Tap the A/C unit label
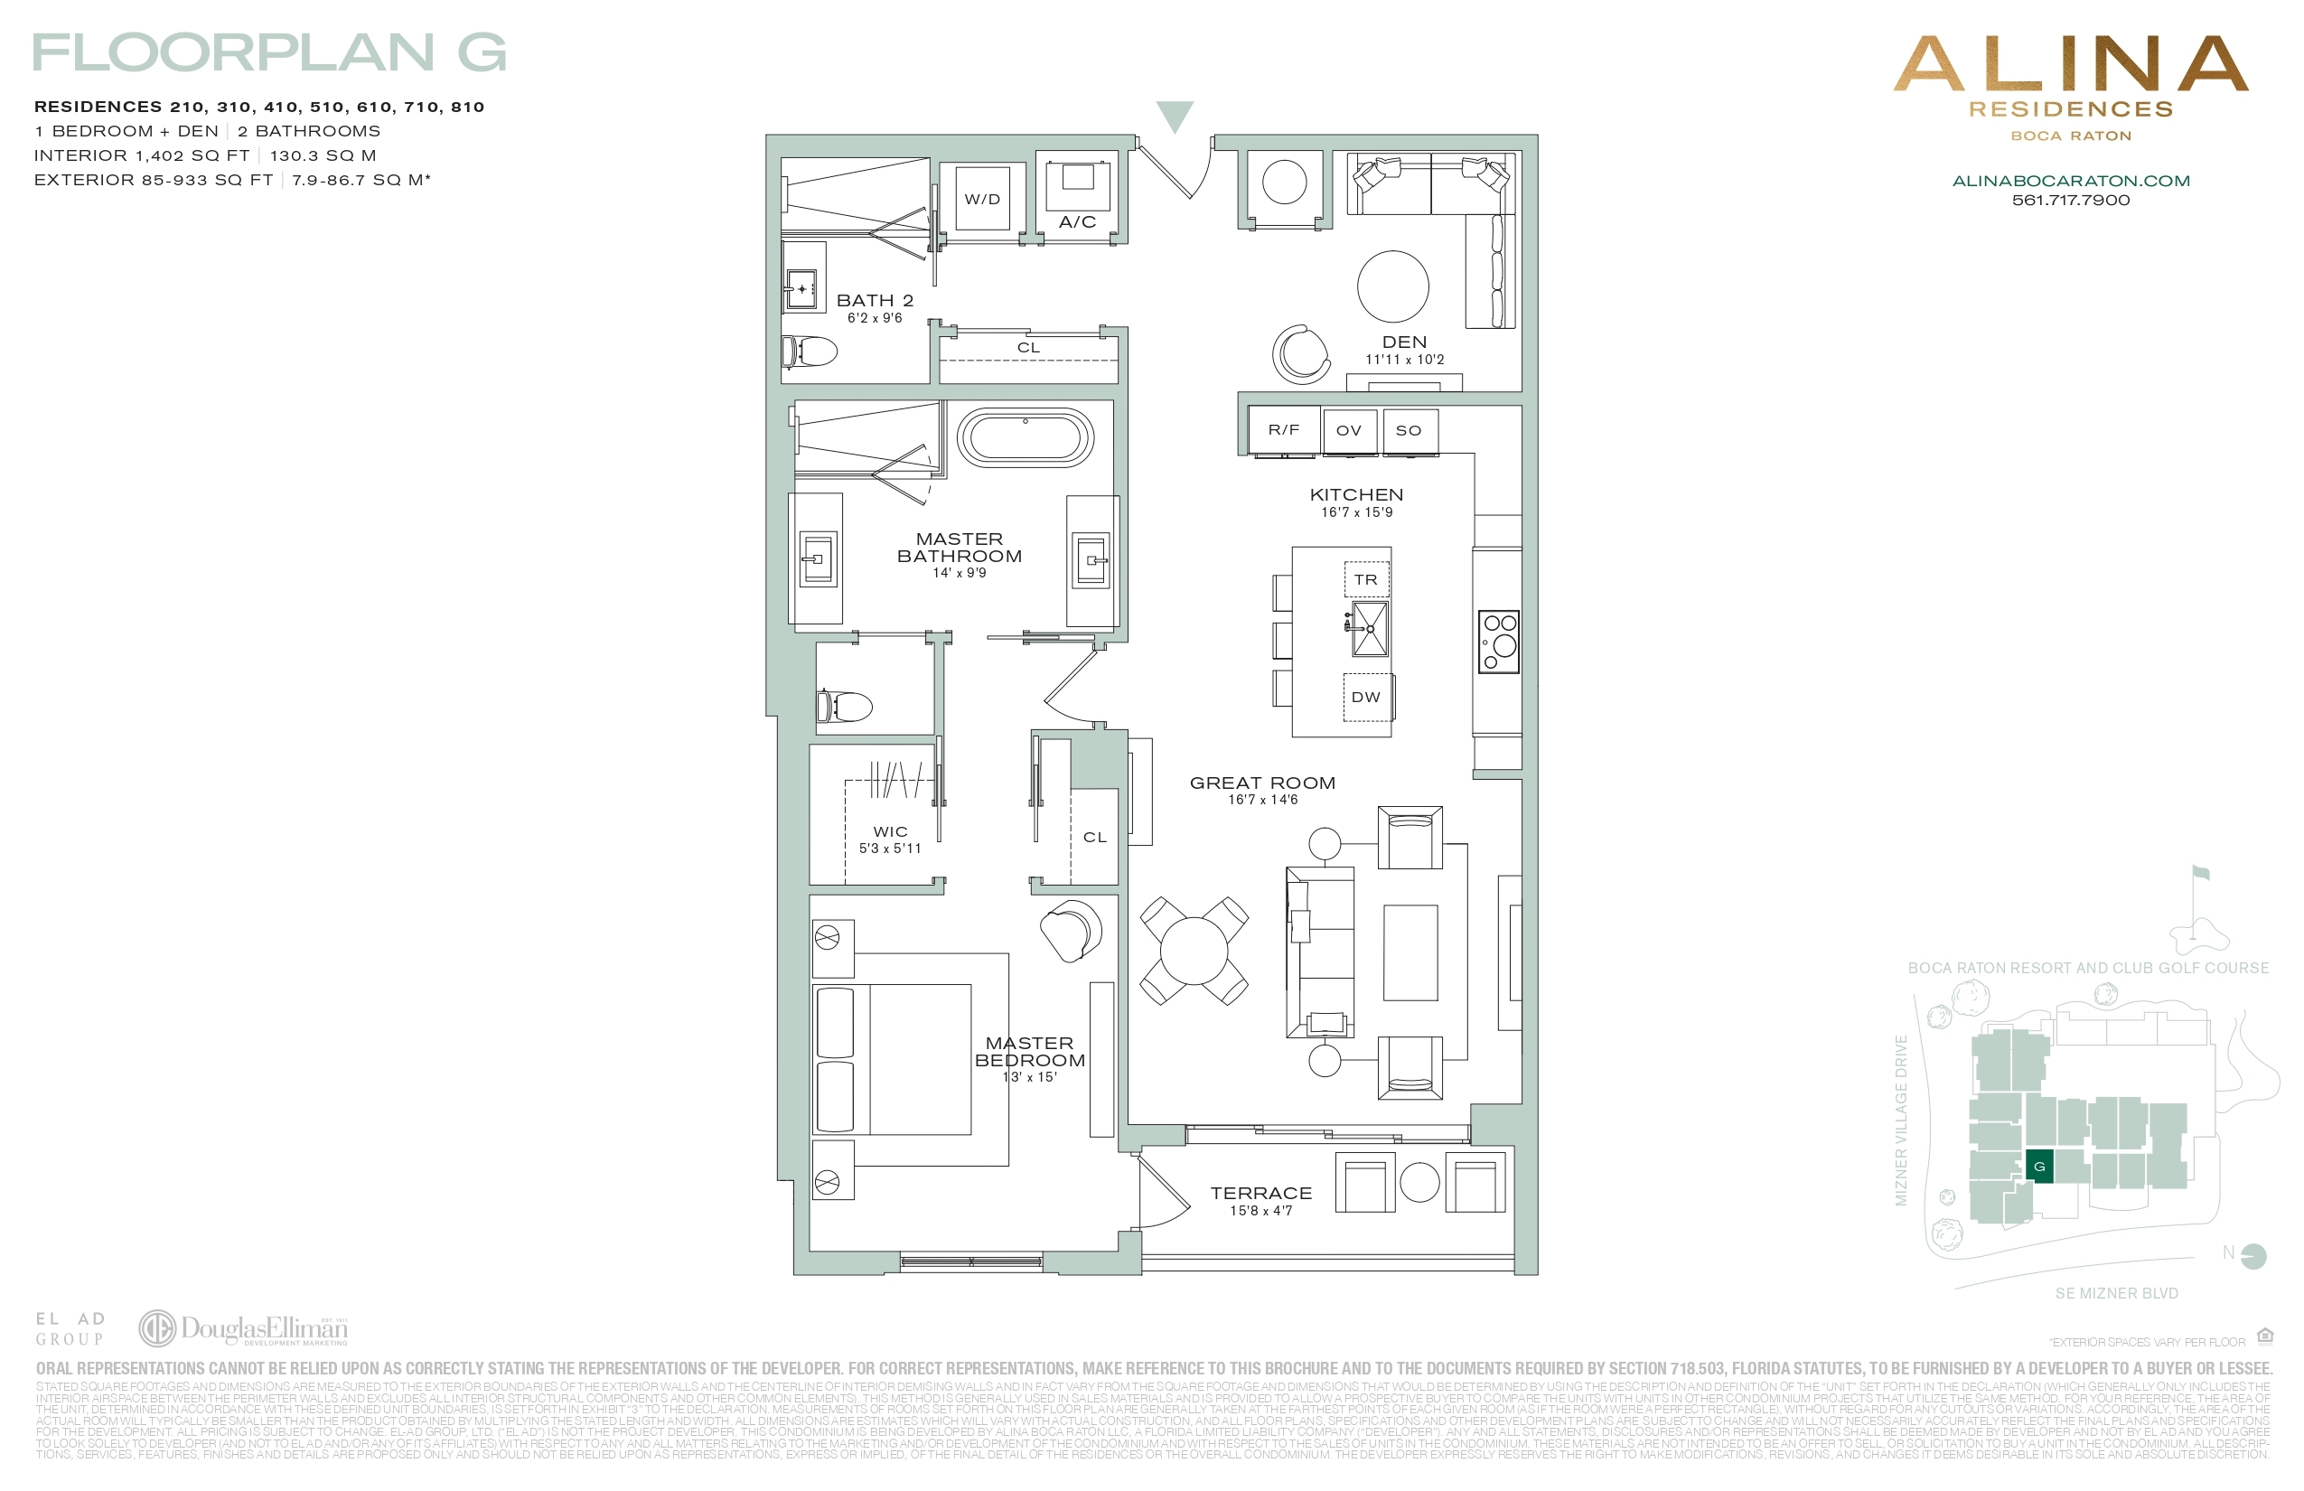click(1076, 221)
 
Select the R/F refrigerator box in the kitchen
click(1284, 430)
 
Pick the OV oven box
click(1348, 431)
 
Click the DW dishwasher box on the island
click(1366, 697)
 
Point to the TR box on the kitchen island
click(1366, 580)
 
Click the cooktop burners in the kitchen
click(1499, 641)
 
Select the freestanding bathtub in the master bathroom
click(1026, 437)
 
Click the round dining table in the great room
click(1194, 951)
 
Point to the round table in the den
click(1392, 286)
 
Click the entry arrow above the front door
click(1175, 116)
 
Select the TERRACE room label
click(1260, 1194)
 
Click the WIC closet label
click(890, 831)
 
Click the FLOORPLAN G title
click(269, 52)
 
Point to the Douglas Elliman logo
click(243, 1328)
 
